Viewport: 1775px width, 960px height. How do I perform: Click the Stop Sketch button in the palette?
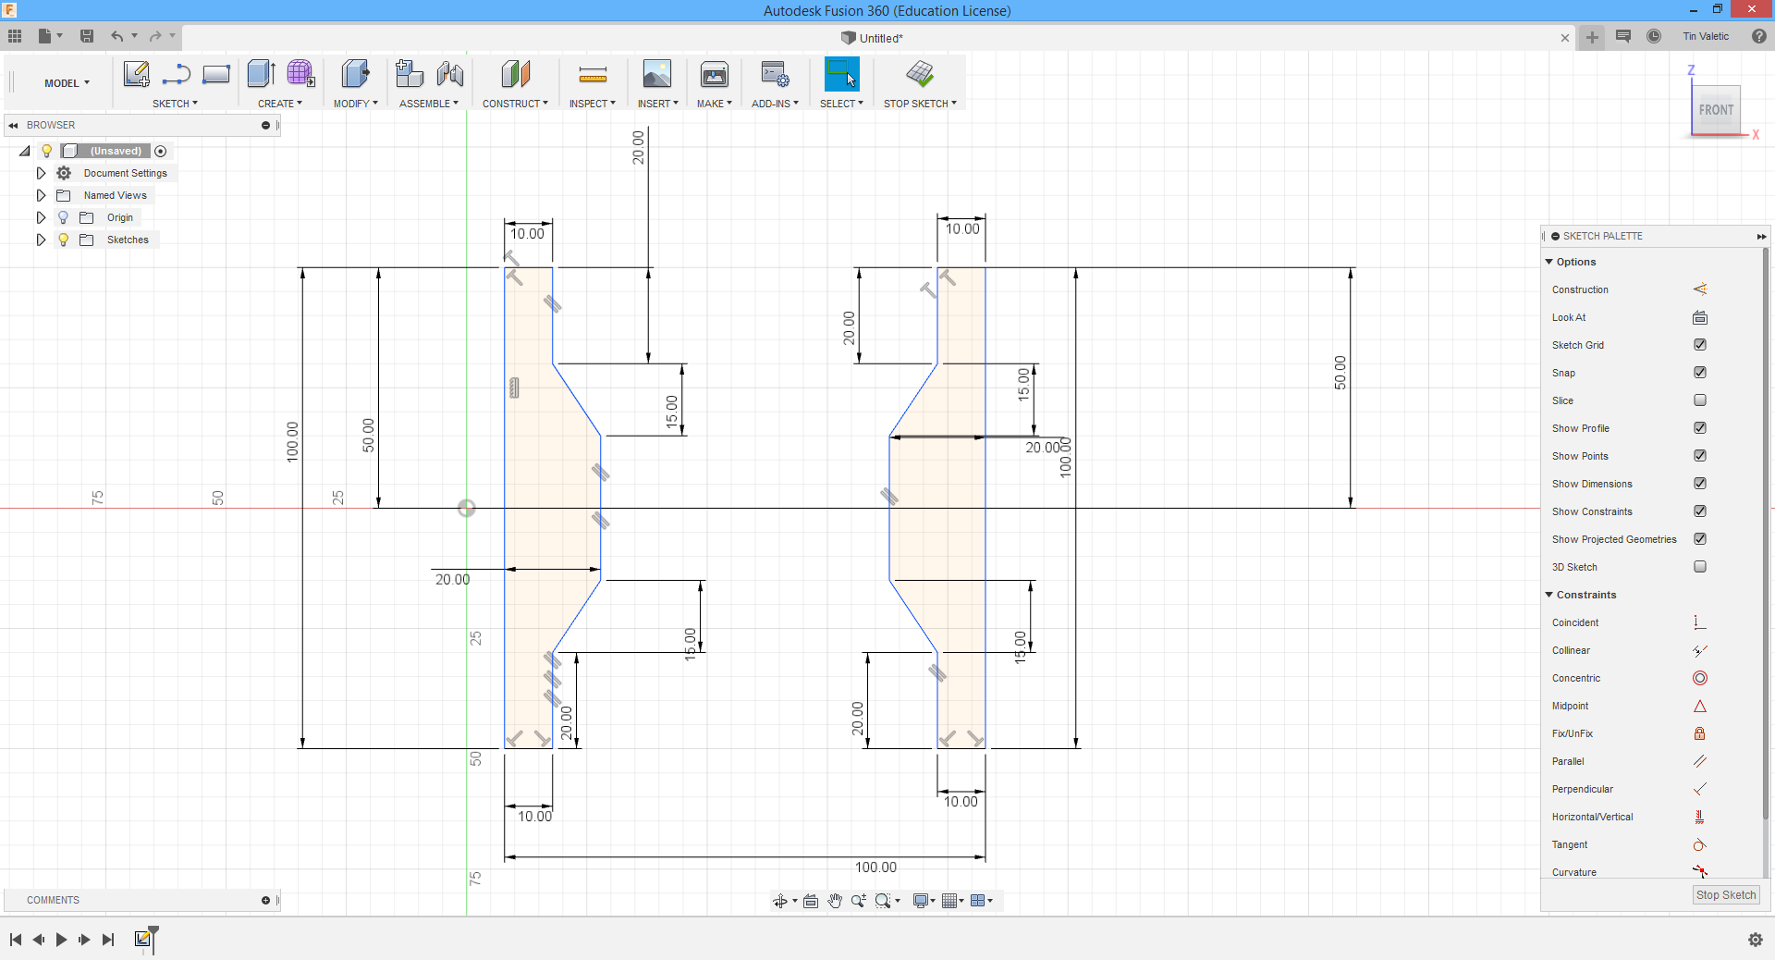point(1725,894)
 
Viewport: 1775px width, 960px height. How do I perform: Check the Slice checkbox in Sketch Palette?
point(1699,400)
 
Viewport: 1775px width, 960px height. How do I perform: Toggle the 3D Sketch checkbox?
point(1699,567)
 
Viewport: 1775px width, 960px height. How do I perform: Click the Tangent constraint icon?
point(1699,844)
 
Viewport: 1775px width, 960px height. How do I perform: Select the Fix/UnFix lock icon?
point(1699,733)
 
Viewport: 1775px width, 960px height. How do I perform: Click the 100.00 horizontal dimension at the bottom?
point(875,868)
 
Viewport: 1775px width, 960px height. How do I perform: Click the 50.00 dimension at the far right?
point(1340,373)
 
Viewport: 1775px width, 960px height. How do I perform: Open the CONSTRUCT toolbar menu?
point(515,104)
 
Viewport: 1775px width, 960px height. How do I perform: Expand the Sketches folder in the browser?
point(41,240)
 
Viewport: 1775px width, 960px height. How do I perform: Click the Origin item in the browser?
point(119,217)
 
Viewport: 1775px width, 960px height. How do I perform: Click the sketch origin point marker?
point(467,508)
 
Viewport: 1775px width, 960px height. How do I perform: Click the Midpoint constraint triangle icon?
point(1699,706)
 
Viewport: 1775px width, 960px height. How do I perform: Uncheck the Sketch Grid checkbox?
point(1699,345)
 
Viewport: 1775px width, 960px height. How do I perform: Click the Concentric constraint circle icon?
point(1699,678)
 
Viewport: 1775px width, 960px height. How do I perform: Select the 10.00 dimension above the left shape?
point(528,234)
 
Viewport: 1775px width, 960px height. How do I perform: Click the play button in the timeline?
point(61,940)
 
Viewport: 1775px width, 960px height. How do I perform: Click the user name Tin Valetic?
point(1705,37)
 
